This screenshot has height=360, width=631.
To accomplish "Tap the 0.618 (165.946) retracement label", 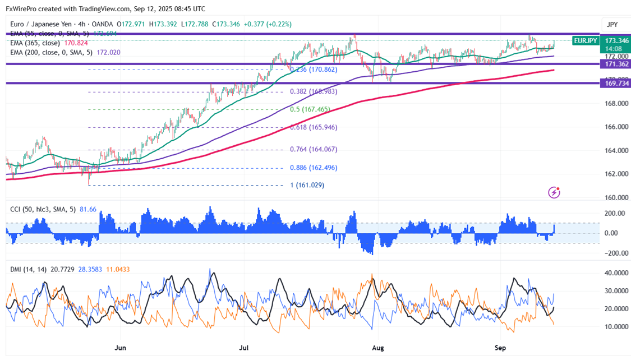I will point(313,127).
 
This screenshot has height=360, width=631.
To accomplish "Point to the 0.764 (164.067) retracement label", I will point(313,150).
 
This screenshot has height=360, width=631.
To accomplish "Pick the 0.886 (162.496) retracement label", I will point(313,168).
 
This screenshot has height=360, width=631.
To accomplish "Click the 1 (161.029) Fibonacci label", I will point(307,185).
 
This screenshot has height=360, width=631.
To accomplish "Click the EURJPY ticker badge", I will point(586,41).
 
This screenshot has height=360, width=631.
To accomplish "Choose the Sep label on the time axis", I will point(500,348).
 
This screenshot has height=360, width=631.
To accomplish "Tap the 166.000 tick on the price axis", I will point(616,127).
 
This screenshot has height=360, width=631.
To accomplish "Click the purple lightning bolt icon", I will point(554,192).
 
